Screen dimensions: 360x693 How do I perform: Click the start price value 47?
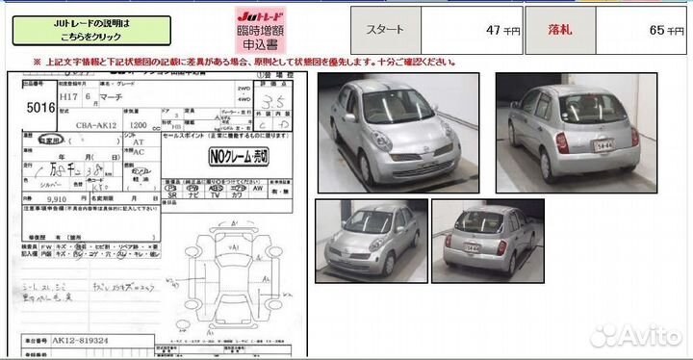pos(494,31)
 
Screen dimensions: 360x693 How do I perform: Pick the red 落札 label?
pos(559,31)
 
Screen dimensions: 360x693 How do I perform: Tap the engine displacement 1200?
pos(139,124)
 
